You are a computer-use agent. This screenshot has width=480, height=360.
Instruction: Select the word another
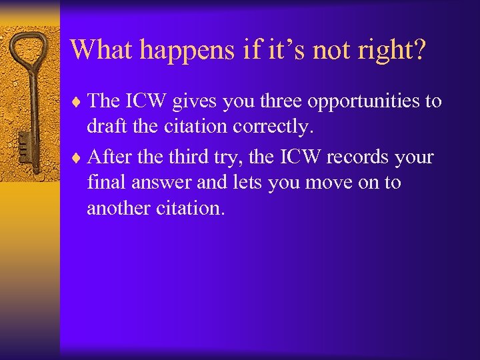click(117, 208)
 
